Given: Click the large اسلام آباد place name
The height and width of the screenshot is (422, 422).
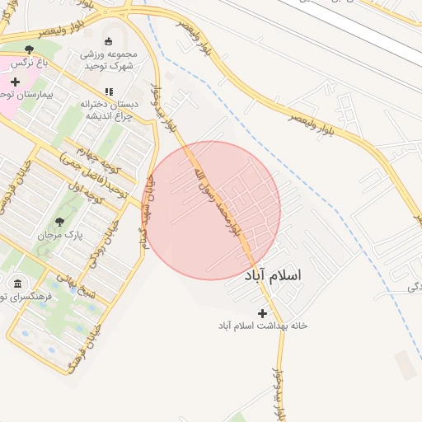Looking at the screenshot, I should [x=274, y=274].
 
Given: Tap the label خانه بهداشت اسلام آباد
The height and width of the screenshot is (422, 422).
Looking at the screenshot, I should [x=262, y=326].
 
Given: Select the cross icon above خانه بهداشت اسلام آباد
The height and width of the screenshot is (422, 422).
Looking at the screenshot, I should [x=263, y=313].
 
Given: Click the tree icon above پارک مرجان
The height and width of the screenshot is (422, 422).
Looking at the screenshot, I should [x=59, y=222].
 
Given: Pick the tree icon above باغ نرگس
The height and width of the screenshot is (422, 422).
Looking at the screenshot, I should [x=30, y=49].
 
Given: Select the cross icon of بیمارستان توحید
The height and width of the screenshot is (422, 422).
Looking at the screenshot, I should [x=15, y=82].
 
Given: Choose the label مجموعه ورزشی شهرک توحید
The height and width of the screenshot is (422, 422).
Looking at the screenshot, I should [x=109, y=60].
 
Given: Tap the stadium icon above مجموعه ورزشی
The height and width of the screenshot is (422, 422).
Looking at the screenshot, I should [x=108, y=41].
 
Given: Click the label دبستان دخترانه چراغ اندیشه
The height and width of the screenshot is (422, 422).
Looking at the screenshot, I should [x=108, y=110].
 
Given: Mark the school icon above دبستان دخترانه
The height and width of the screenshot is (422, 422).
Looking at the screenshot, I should [x=108, y=92].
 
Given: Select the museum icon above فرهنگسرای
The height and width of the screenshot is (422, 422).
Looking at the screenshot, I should [x=17, y=284].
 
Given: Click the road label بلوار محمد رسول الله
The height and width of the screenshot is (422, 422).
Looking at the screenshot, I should [x=217, y=200].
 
